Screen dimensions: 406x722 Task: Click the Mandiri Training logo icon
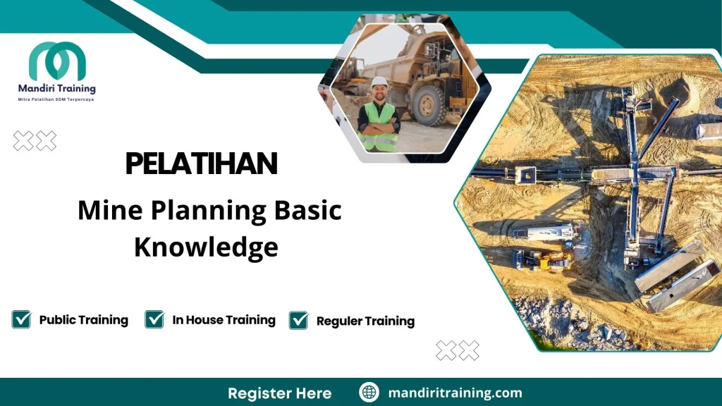(57, 61)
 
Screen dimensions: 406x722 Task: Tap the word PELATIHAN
(201, 164)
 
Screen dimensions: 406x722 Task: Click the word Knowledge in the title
(206, 247)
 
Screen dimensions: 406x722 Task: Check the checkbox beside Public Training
(21, 319)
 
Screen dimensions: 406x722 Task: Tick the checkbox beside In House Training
(154, 319)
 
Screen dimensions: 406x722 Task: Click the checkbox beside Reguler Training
(299, 320)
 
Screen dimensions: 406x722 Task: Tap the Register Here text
(279, 393)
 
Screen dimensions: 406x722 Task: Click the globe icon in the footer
(369, 393)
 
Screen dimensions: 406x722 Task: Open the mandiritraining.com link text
(455, 393)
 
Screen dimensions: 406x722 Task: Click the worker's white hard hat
(379, 82)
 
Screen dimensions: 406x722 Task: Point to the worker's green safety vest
(379, 127)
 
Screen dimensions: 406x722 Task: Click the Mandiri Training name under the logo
(57, 89)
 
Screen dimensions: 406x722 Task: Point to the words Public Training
(83, 319)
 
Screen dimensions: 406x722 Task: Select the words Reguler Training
(365, 321)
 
